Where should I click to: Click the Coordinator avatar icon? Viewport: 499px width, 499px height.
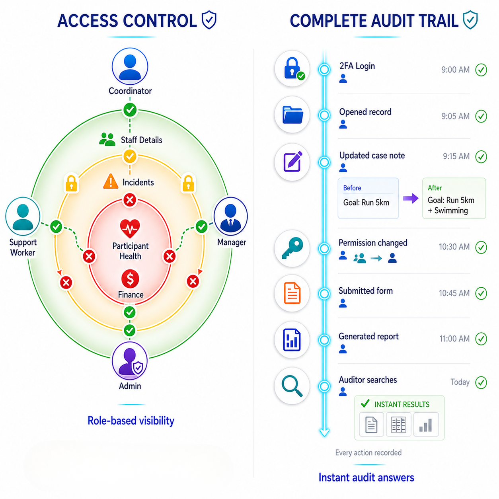130,66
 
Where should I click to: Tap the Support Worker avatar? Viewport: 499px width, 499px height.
23,216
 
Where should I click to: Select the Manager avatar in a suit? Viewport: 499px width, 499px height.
231,216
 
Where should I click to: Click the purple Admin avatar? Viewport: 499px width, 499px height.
130,361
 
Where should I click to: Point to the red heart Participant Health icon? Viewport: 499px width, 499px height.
130,228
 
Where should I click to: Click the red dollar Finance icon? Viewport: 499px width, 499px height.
130,279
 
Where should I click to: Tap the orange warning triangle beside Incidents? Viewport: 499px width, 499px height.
111,181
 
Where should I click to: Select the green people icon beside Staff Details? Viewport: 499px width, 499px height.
107,139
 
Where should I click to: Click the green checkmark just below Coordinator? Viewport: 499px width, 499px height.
130,109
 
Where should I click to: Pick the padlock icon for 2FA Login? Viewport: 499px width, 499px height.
292,68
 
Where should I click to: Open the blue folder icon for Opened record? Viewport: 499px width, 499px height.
292,115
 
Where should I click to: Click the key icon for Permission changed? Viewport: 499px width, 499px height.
292,248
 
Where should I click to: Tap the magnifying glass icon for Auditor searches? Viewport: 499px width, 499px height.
292,386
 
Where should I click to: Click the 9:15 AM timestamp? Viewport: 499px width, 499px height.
456,156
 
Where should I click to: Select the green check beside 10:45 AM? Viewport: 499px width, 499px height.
481,293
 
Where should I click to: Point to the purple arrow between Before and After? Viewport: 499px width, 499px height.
410,198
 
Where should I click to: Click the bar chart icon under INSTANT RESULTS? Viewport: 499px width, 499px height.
425,425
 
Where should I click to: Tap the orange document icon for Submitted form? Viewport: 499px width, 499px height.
292,293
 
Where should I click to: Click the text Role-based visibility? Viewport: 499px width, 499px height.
131,421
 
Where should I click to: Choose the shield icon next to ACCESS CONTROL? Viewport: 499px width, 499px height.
209,20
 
